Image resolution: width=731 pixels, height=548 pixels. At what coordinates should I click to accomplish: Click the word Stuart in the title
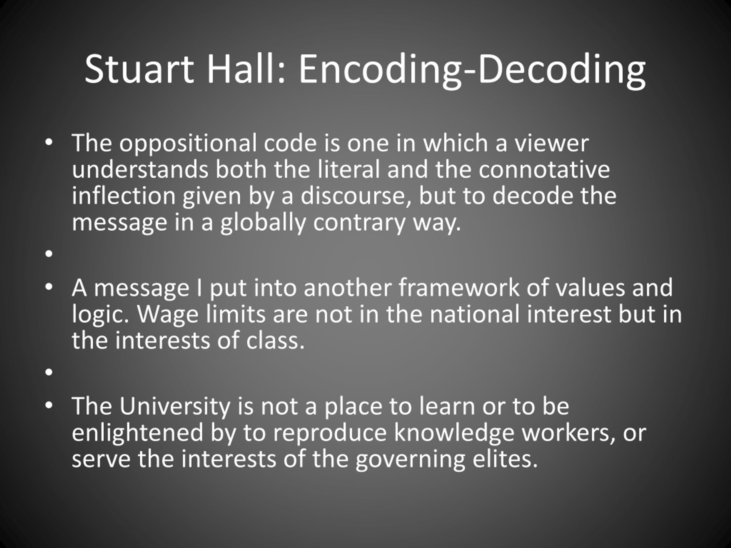tap(139, 69)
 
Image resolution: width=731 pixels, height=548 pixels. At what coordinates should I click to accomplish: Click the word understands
tap(140, 170)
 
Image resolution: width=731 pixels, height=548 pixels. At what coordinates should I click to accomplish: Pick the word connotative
tap(544, 170)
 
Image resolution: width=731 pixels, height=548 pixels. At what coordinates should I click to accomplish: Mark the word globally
tap(263, 223)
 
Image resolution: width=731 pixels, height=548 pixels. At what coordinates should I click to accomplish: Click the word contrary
tap(359, 223)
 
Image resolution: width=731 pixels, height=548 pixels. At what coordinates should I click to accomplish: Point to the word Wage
tap(168, 315)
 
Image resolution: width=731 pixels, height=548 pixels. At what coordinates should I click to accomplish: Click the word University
tap(174, 406)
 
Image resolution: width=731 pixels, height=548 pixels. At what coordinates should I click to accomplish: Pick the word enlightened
tap(137, 433)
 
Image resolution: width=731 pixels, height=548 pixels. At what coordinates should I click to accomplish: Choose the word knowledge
tap(454, 433)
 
